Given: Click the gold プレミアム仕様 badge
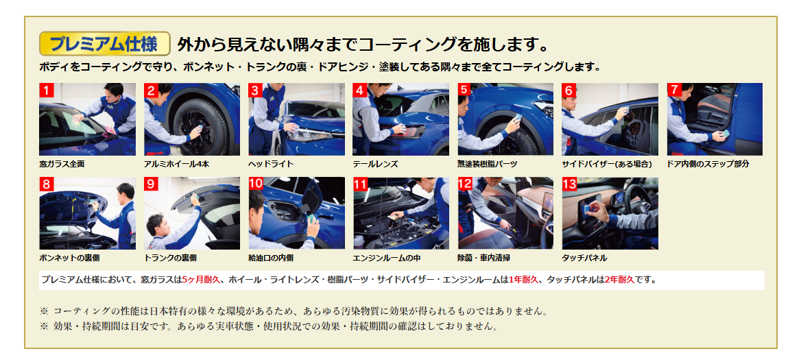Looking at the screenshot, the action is pos(105,43).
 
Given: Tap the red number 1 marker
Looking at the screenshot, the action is pos(47,91).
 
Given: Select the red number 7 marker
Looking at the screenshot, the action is pos(674,91).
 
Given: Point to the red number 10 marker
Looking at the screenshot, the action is pos(256,184).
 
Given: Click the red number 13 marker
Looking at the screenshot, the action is pos(570,184).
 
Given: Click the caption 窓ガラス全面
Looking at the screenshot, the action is pos(62,165).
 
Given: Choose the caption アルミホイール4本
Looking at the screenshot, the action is pos(176,165).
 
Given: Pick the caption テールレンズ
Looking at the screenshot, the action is pos(376,165).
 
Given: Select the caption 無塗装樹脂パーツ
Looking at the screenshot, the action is pos(488,165).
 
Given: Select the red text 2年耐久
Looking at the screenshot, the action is pos(619,280).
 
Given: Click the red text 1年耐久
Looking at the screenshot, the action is pos(524,280).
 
